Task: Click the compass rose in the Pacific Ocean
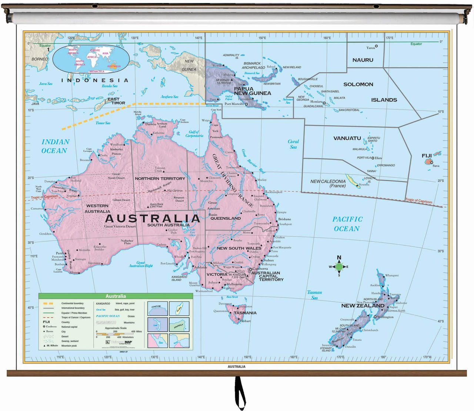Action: [x=339, y=266]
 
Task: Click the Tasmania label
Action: [x=245, y=313]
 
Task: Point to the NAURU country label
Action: [x=363, y=60]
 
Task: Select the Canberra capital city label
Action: [x=260, y=269]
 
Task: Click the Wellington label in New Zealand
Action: [x=385, y=317]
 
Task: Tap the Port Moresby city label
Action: [x=234, y=104]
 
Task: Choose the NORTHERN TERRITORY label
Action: [x=160, y=179]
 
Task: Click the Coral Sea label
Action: [x=293, y=144]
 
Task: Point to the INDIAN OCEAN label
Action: [x=55, y=146]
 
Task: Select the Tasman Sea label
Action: [x=314, y=295]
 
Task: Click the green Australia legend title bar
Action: [x=116, y=296]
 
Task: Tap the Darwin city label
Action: [x=150, y=124]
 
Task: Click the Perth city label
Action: [x=60, y=254]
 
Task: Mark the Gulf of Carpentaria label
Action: [x=194, y=134]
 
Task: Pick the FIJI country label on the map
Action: [x=427, y=156]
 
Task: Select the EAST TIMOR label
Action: [x=116, y=101]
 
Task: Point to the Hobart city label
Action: [x=245, y=321]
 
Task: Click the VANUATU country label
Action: [x=347, y=138]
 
